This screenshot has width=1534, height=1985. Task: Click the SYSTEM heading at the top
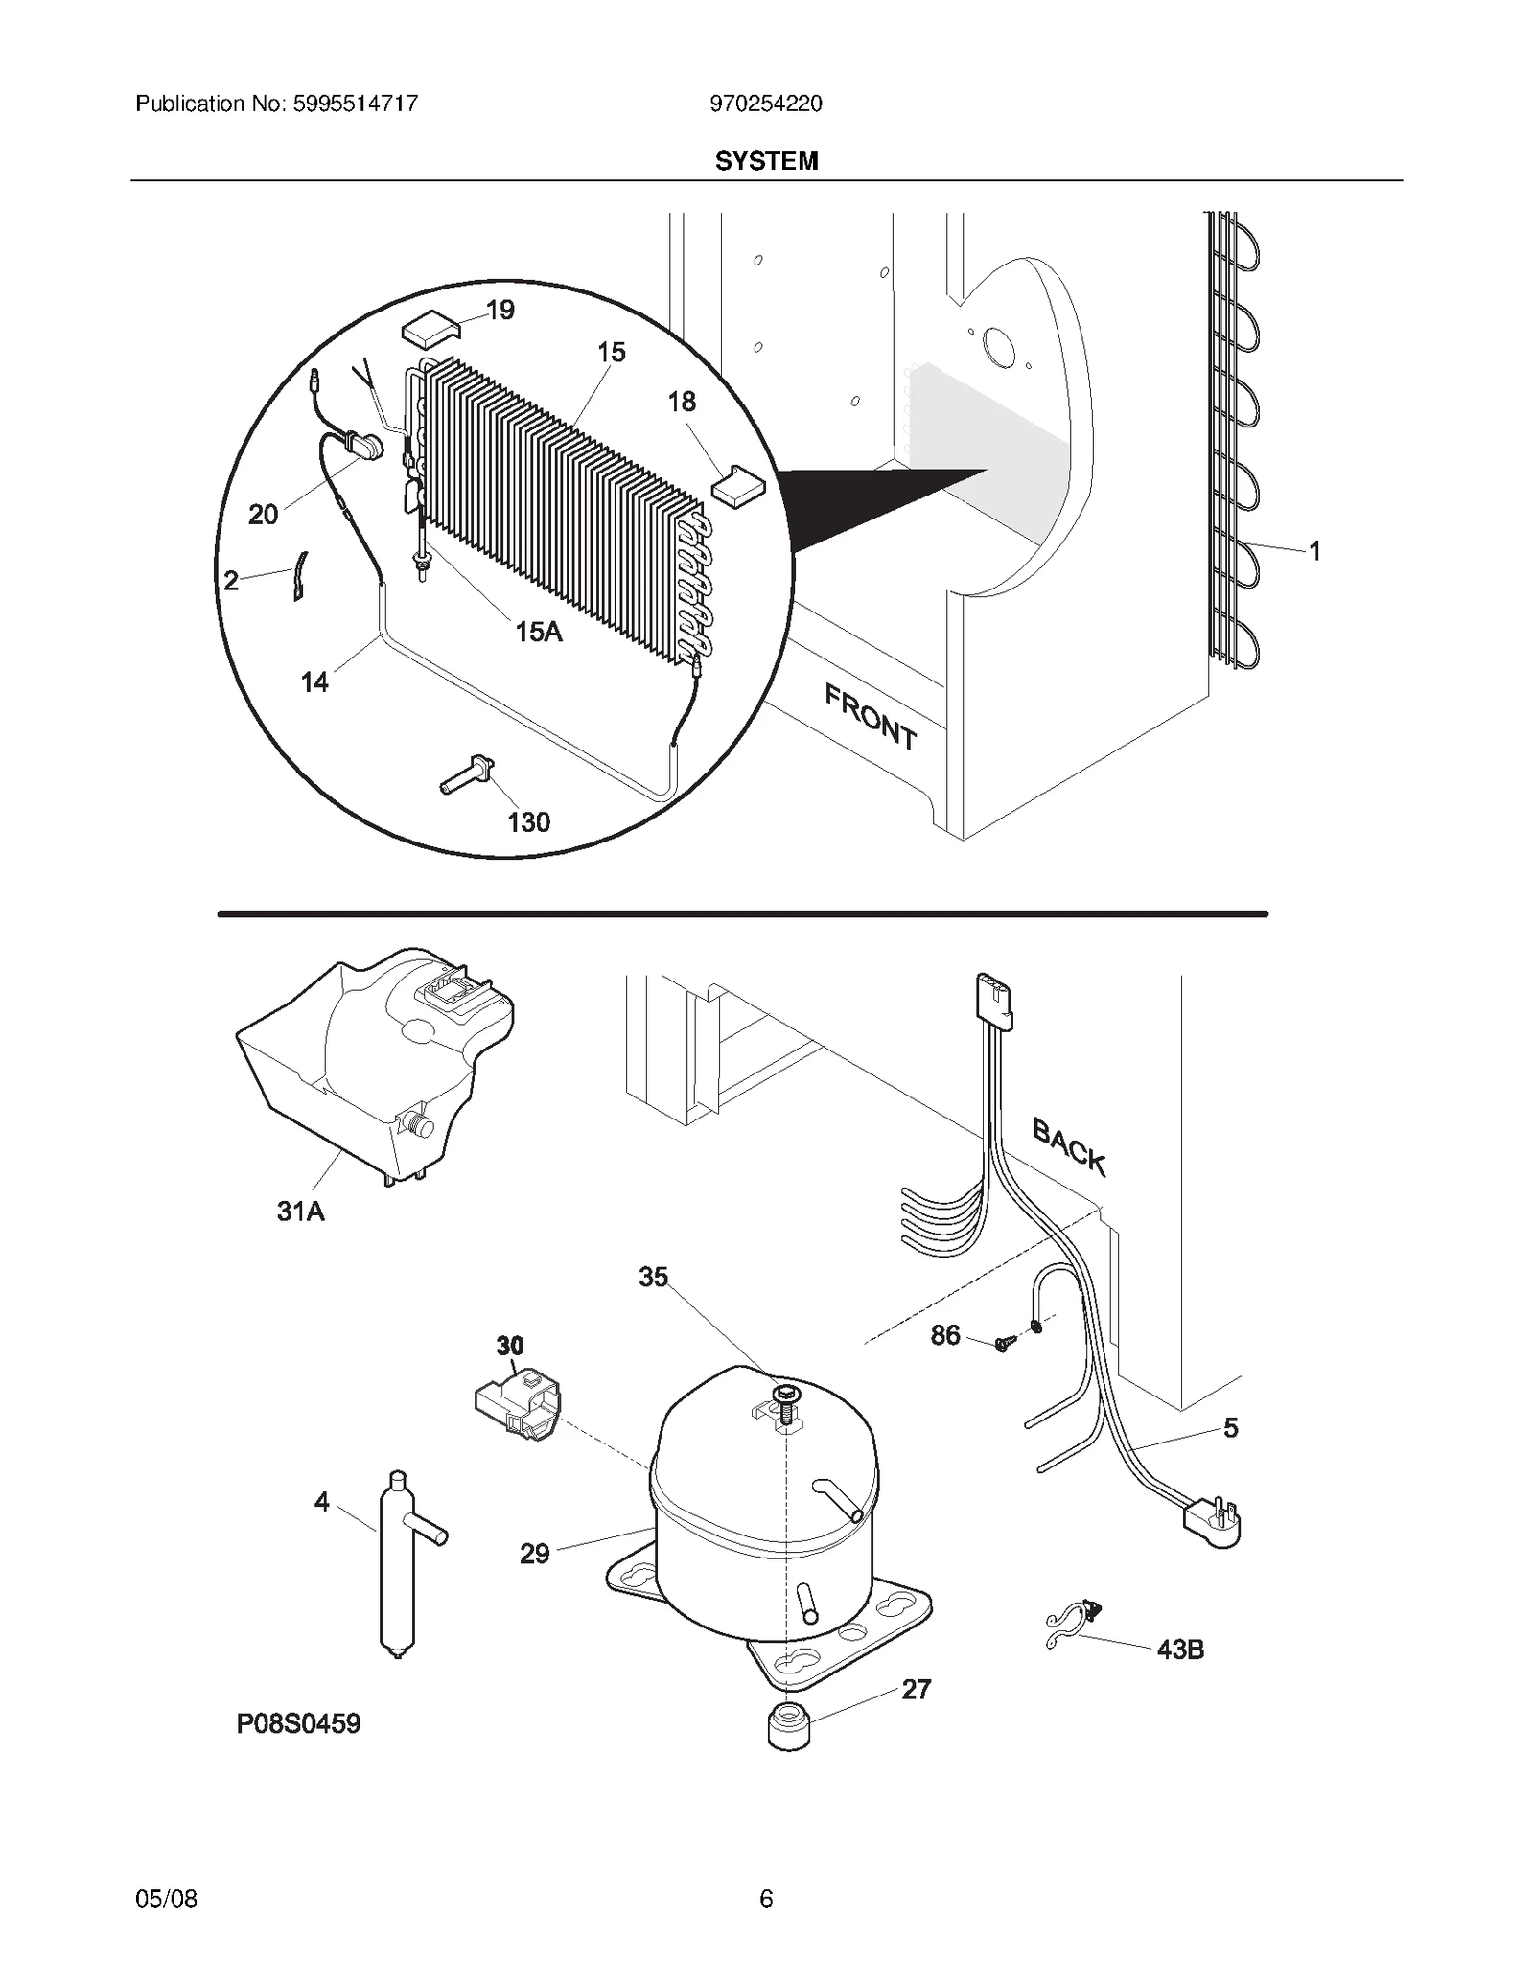[766, 161]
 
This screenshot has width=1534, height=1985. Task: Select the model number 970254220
[765, 104]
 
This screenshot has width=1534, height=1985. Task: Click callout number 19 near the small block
[500, 310]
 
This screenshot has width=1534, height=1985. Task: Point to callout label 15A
[538, 632]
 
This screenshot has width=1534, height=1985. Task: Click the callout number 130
[528, 821]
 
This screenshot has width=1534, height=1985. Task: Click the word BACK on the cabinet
[1069, 1146]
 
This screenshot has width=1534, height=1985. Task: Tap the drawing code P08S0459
[298, 1723]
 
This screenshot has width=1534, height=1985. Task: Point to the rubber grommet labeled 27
[789, 1727]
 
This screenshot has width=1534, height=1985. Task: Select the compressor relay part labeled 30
[519, 1412]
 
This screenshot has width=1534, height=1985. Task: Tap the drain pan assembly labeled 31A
[374, 1064]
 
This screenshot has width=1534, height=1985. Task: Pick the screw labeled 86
[1004, 1344]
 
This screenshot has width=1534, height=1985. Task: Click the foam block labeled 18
[738, 484]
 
